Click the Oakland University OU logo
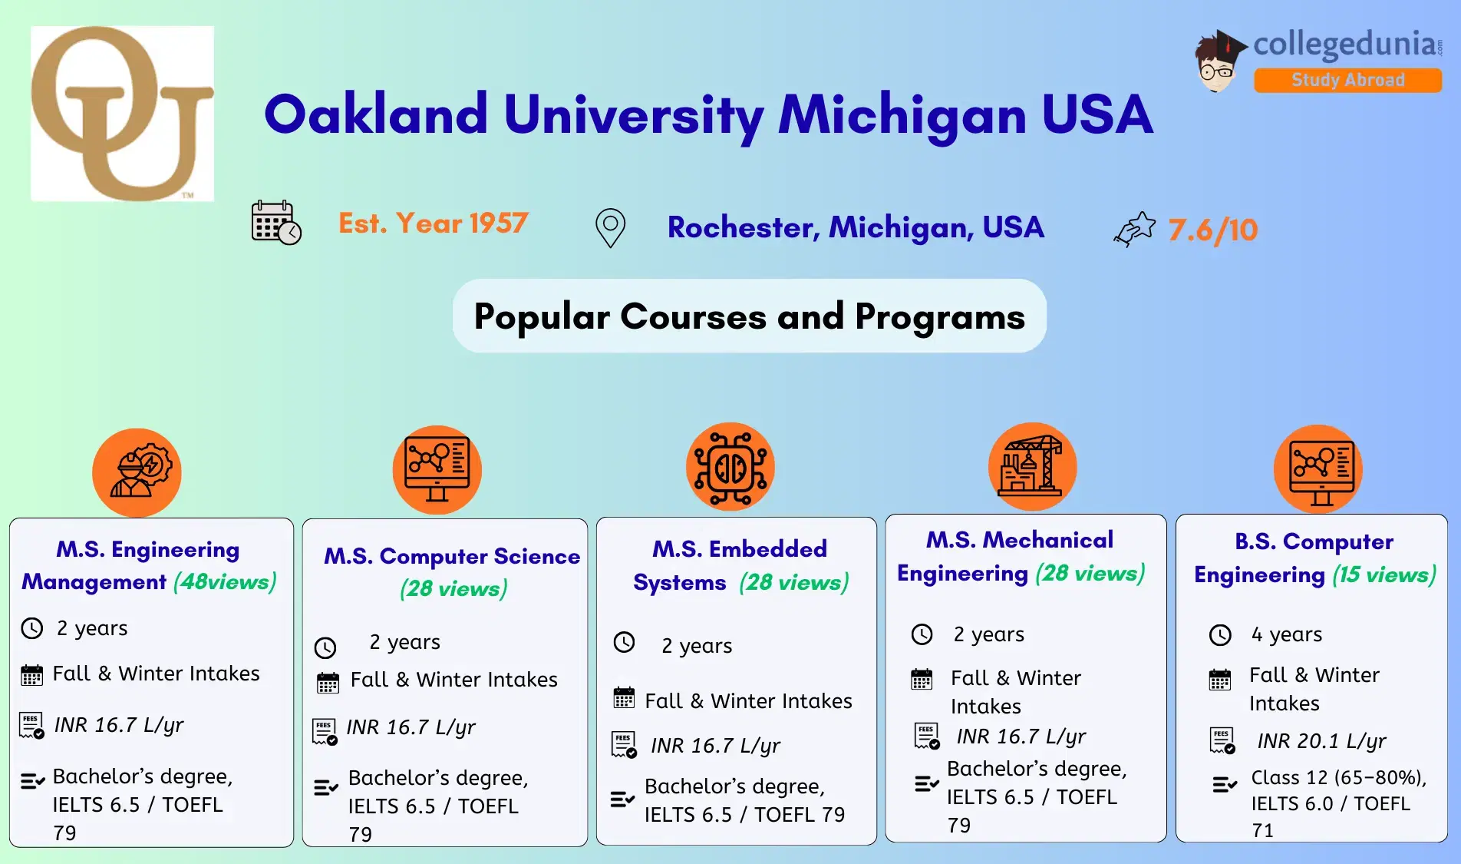tap(122, 114)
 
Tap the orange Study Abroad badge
tap(1347, 80)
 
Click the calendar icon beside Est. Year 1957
tap(275, 223)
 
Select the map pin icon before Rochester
tap(610, 228)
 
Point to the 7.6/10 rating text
tap(1212, 230)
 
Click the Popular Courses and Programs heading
tap(749, 316)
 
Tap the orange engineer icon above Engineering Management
tap(137, 472)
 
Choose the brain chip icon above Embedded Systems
tap(730, 467)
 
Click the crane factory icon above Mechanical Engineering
tap(1032, 467)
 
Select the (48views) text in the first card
tap(225, 582)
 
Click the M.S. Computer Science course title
tap(452, 556)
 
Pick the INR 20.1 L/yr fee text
tap(1321, 741)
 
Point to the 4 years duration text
tap(1286, 634)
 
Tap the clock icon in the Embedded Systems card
tap(625, 642)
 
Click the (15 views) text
tap(1383, 575)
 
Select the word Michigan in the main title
tap(902, 115)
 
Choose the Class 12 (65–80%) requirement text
tap(1338, 778)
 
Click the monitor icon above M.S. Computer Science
tap(437, 468)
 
